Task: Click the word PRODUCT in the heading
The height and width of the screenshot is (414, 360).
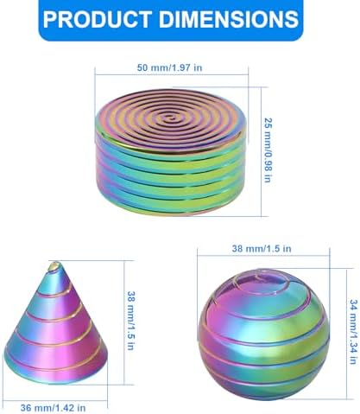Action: click(x=98, y=19)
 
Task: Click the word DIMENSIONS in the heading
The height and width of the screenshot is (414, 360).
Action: click(x=229, y=19)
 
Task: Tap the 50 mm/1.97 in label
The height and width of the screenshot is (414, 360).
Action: click(x=169, y=67)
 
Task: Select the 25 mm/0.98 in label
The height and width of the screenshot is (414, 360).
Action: click(x=268, y=150)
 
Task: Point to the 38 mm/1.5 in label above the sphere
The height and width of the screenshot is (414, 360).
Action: click(x=262, y=248)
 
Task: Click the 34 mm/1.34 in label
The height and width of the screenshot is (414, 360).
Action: click(x=353, y=331)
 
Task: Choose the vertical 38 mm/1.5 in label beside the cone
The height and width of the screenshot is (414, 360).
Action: click(x=131, y=321)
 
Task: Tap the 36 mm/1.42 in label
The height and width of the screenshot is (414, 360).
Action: click(x=53, y=408)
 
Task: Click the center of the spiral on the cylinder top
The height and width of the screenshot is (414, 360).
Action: click(x=167, y=118)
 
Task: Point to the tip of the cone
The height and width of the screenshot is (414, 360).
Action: click(x=54, y=264)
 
